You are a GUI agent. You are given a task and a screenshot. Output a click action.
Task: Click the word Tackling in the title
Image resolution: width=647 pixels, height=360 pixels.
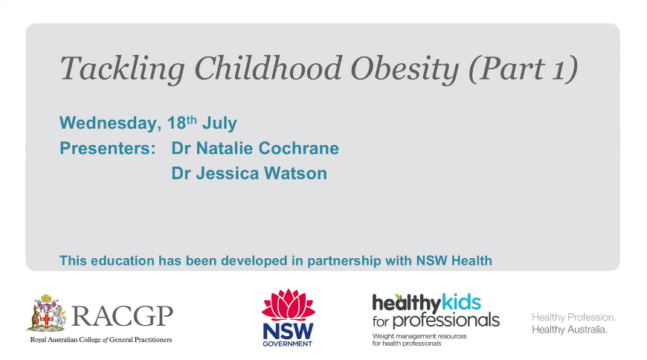(x=123, y=69)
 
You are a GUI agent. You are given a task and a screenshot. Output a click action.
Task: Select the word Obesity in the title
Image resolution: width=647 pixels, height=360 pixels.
(x=405, y=69)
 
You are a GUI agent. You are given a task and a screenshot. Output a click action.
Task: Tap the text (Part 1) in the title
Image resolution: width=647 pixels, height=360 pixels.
(x=524, y=69)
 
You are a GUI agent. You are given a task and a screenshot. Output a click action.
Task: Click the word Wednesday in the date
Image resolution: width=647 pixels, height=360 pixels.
(x=108, y=123)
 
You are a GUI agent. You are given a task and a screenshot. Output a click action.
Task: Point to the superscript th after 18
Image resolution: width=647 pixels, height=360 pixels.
(x=191, y=120)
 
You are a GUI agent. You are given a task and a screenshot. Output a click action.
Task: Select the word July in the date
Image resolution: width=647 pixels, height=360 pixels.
(x=219, y=123)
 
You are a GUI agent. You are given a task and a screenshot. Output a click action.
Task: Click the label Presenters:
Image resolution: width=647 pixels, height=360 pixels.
(x=108, y=148)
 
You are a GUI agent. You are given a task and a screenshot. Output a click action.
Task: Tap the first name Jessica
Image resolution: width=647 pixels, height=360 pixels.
(x=228, y=173)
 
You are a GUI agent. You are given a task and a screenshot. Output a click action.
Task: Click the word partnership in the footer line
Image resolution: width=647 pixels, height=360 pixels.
(x=344, y=261)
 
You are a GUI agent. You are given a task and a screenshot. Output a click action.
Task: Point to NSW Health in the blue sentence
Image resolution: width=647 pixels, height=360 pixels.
(x=454, y=261)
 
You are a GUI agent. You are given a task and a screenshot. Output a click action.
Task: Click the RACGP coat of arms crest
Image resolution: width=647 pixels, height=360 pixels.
(x=47, y=313)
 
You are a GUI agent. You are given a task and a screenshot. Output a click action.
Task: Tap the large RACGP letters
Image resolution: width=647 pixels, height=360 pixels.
(x=123, y=317)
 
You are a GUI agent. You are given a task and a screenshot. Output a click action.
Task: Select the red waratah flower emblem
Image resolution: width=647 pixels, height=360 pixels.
(x=289, y=305)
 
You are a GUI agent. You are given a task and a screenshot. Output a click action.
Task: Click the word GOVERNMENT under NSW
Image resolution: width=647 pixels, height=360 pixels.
(x=288, y=344)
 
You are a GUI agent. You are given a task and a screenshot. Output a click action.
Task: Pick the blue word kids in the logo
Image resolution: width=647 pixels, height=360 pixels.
(x=461, y=303)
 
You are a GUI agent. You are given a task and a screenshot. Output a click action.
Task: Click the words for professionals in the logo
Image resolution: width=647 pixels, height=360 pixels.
(x=436, y=321)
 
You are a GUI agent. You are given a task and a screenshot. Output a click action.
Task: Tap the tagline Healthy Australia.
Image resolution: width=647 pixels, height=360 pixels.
(x=570, y=330)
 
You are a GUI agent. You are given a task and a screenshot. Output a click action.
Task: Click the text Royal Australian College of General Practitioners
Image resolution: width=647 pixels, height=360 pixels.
(x=101, y=340)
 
